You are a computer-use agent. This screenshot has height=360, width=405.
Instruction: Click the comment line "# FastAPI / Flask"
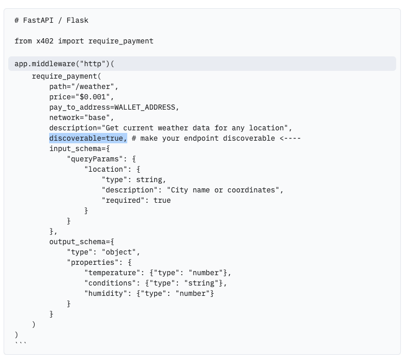click(x=51, y=21)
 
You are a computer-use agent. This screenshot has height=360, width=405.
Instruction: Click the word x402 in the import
click(x=45, y=41)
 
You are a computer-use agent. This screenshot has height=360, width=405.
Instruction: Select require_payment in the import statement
click(x=121, y=41)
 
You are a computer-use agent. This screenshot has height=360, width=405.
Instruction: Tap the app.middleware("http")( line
click(x=64, y=64)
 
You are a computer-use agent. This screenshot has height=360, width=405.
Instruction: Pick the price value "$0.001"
click(x=95, y=97)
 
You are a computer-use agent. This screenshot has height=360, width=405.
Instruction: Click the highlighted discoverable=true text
click(x=88, y=138)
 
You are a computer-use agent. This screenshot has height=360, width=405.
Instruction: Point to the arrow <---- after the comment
click(x=290, y=138)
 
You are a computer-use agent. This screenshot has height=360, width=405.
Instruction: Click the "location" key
click(x=106, y=169)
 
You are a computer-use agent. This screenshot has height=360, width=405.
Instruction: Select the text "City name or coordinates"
click(x=225, y=190)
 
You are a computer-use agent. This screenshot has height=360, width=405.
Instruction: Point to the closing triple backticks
click(x=21, y=343)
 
